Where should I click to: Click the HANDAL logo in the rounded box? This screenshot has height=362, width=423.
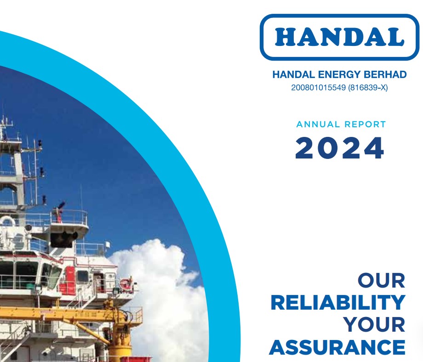(340, 37)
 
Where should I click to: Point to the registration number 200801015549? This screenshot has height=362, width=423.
(318, 88)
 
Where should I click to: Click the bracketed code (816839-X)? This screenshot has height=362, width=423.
(368, 88)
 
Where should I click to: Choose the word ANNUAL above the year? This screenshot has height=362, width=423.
(318, 124)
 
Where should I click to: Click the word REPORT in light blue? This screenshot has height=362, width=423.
(365, 124)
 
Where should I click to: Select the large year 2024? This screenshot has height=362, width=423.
(340, 148)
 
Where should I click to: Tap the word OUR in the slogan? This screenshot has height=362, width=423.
(382, 281)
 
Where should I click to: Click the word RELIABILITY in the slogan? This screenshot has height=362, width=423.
(338, 303)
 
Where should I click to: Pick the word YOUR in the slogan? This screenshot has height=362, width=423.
(374, 324)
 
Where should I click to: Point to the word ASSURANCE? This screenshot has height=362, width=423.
(337, 347)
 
